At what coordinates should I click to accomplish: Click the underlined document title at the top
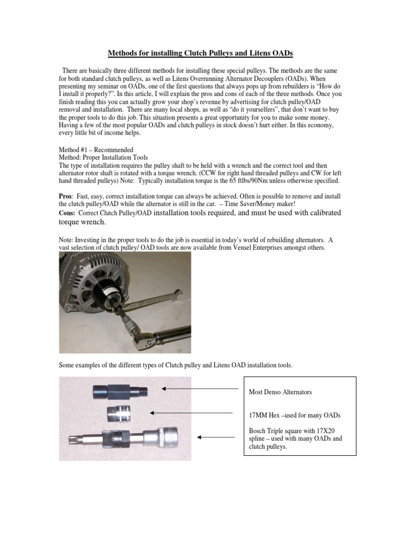click(x=200, y=53)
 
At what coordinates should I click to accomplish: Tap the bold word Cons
click(x=69, y=213)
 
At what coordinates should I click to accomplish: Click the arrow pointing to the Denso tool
click(x=196, y=389)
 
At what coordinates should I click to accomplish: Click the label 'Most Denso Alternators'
click(x=284, y=391)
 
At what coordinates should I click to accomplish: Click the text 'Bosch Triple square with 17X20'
click(x=295, y=430)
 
